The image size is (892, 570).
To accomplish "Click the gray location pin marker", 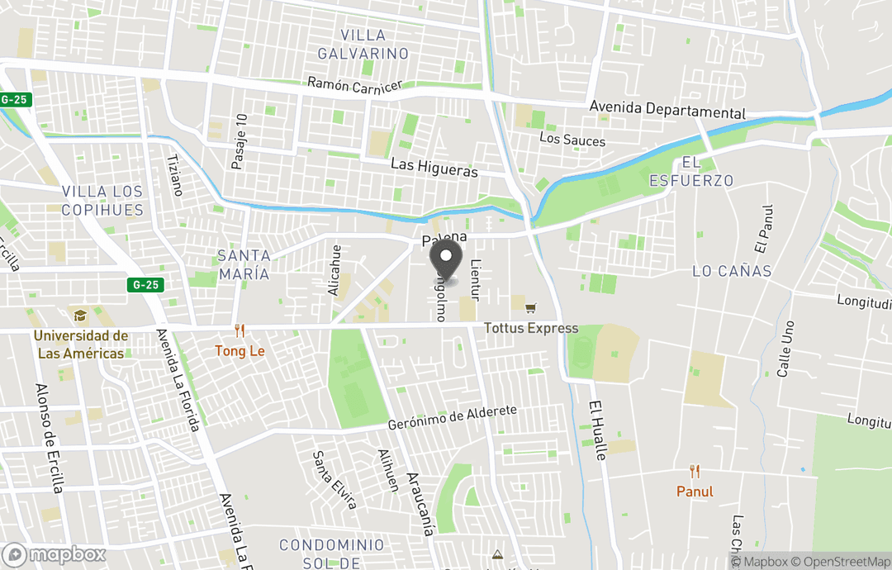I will pos(447,259).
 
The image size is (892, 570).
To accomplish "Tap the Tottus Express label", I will pos(531,329).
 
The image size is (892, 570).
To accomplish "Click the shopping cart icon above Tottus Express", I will pos(530,308).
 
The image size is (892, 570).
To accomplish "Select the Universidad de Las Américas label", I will pos(80,344).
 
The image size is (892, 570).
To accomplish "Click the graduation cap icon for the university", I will pos(80,316).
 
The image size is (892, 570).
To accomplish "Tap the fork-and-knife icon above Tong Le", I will pos(240,330).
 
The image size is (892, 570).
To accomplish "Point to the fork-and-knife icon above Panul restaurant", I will pos(695,472).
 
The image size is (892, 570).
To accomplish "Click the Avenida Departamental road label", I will pos(667,111).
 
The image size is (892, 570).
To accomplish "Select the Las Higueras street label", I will pos(434,168).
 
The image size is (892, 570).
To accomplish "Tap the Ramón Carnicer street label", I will pos(354,85).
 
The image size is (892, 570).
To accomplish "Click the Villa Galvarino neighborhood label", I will pos(374,45).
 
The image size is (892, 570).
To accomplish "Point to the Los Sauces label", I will pos(572,140).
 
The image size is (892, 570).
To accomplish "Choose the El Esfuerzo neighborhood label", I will pos(691,172).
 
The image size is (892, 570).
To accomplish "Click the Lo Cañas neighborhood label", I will pos(732,271).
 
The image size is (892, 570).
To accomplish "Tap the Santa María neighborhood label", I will pos(244,264).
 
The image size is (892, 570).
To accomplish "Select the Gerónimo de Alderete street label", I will pos(453,418).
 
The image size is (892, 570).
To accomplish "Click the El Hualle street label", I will pos(599,430).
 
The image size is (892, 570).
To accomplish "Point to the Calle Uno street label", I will pos(785,349).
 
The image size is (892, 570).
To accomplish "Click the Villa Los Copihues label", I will pos(102,201).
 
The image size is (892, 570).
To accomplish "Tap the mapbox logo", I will pos(55,554).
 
